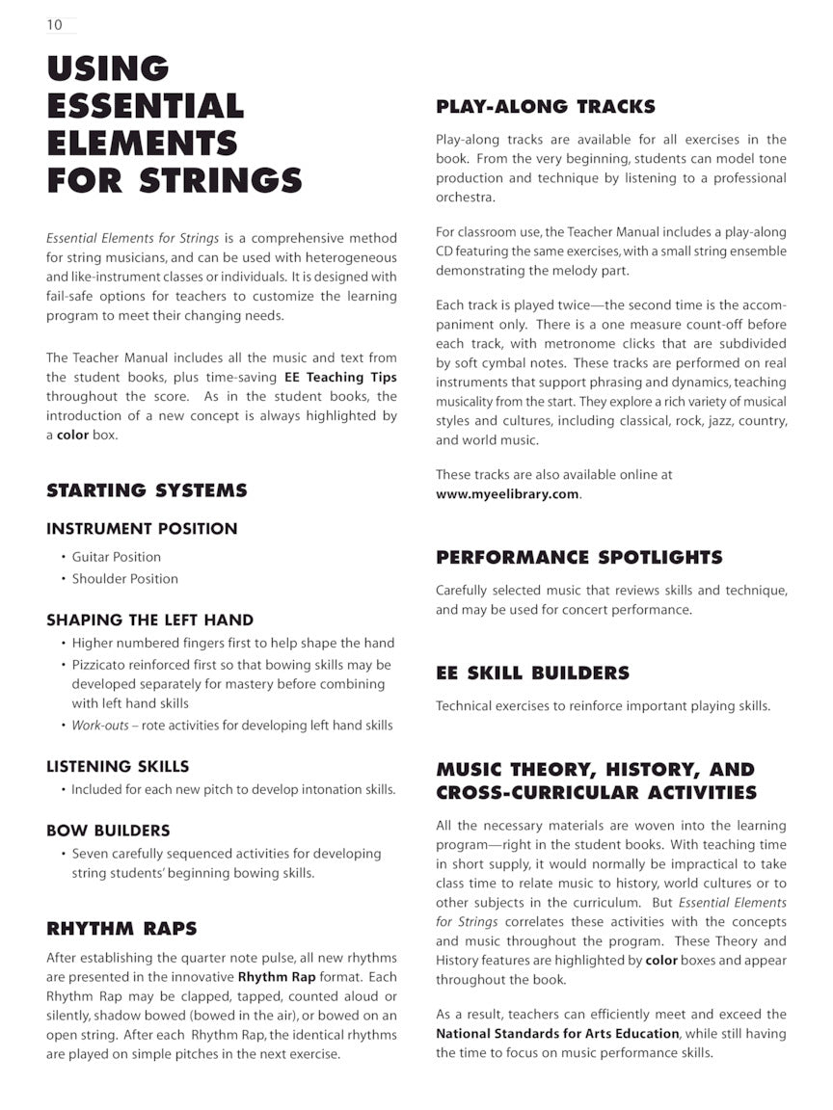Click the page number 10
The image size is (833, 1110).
click(54, 25)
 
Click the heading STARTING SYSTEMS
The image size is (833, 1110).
click(147, 490)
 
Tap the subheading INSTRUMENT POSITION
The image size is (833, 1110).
click(142, 528)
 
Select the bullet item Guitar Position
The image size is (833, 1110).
click(116, 557)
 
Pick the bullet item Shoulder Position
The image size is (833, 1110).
click(124, 579)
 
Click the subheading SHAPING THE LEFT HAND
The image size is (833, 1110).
click(149, 620)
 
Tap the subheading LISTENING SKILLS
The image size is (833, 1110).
click(118, 767)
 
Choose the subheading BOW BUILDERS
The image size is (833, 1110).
click(108, 831)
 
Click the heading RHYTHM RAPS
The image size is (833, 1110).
click(121, 929)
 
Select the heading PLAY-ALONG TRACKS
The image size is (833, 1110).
click(545, 107)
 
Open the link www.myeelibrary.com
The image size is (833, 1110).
click(507, 494)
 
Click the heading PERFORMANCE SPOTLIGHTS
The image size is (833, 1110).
click(578, 558)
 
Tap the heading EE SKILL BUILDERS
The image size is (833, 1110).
click(532, 674)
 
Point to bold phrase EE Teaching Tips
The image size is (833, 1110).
click(340, 378)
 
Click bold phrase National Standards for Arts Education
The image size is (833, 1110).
click(557, 1034)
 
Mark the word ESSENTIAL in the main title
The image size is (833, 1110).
click(146, 105)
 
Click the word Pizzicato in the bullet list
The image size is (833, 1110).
click(102, 665)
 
